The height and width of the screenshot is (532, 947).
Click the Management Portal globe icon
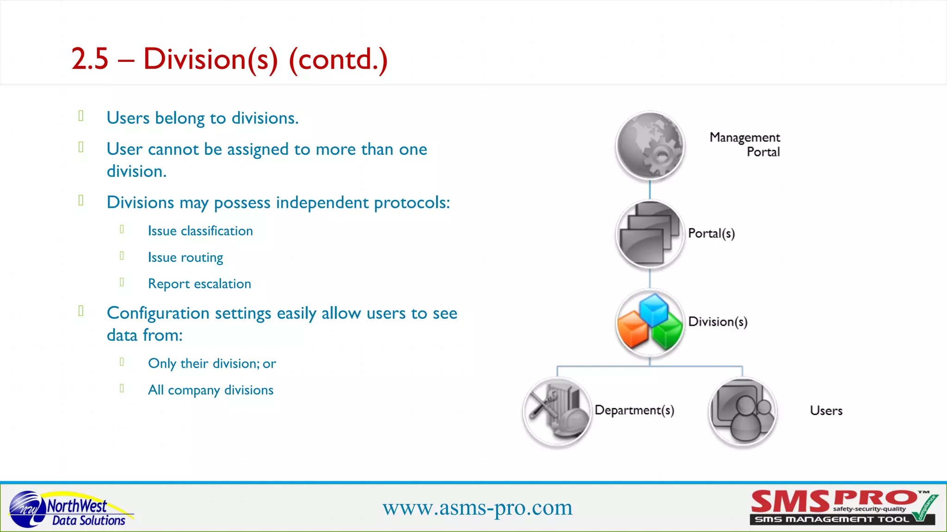650,145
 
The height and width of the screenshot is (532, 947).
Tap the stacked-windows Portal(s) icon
650,234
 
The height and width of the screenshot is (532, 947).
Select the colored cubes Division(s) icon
650,323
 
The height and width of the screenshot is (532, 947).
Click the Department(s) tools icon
557,411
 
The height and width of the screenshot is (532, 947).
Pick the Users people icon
743,411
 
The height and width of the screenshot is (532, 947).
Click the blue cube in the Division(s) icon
653,309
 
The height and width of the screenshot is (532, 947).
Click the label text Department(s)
634,410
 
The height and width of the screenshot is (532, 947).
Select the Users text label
826,411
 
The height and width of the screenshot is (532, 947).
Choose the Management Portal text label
745,145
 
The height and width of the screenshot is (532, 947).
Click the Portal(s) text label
711,233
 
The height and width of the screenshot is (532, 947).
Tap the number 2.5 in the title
90,59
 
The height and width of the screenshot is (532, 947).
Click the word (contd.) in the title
338,59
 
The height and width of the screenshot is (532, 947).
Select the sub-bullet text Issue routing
185,257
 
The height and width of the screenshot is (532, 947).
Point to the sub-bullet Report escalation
199,284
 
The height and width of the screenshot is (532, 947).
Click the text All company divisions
210,390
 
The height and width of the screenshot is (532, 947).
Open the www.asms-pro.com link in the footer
477,508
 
